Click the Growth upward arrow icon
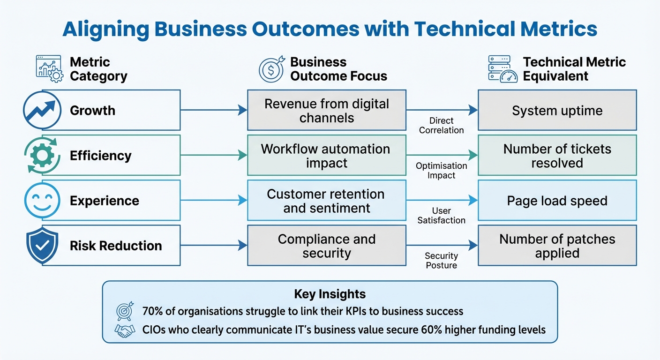(x=42, y=111)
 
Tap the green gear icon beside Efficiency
(x=42, y=156)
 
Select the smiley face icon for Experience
(x=42, y=201)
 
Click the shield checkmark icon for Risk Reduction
(x=42, y=246)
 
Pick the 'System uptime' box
(x=557, y=111)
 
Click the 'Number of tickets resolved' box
(x=557, y=156)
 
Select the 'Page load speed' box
(x=557, y=201)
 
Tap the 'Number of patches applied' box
(x=557, y=246)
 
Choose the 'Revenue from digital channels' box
(x=327, y=111)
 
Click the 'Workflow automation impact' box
(x=327, y=156)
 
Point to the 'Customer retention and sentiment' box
(x=327, y=201)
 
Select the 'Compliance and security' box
(x=327, y=246)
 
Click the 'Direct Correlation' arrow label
(x=441, y=126)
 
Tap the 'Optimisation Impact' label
(x=441, y=171)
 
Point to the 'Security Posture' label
(x=441, y=261)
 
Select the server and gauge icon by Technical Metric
(x=502, y=69)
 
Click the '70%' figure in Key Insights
(x=152, y=311)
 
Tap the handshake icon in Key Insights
(x=124, y=330)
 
